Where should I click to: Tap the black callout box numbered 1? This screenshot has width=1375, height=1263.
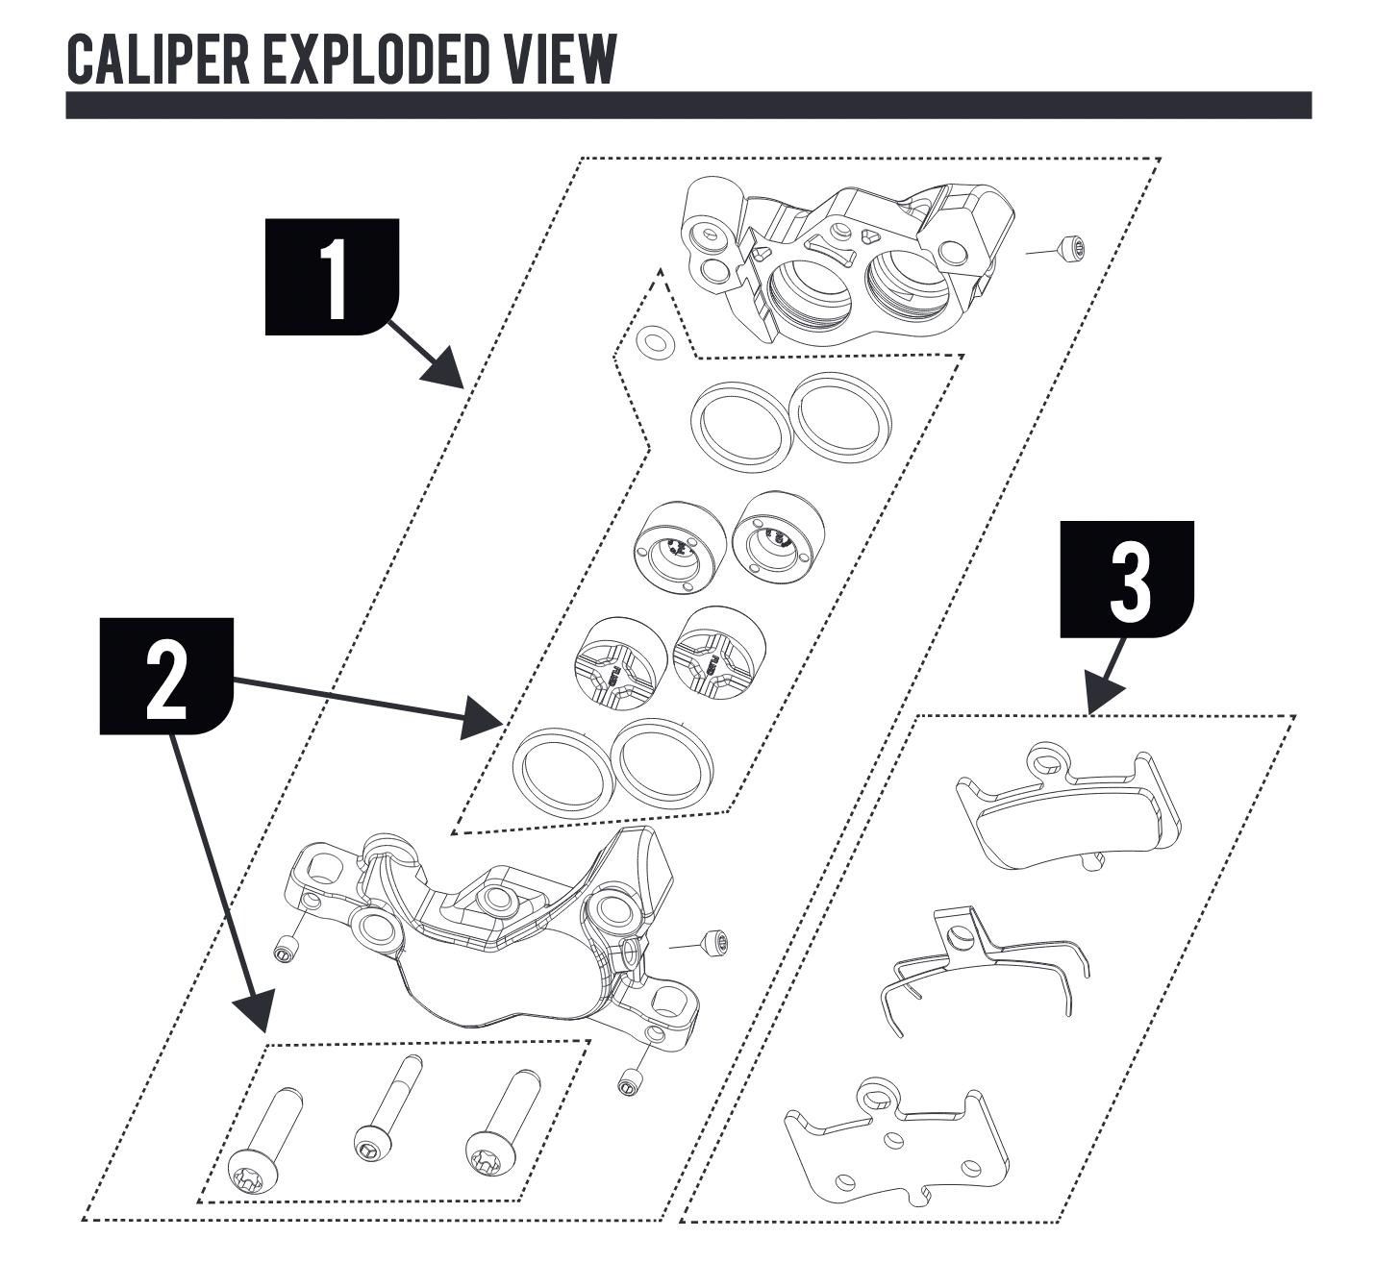point(331,276)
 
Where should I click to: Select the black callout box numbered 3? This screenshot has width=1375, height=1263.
point(1126,579)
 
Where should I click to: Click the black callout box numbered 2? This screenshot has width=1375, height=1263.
point(166,676)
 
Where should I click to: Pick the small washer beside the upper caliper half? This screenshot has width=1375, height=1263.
point(655,341)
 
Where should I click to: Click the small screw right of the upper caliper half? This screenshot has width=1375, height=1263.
point(1071,248)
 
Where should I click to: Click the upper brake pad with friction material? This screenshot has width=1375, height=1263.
point(1067,807)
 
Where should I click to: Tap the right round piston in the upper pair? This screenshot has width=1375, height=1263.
point(779,537)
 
